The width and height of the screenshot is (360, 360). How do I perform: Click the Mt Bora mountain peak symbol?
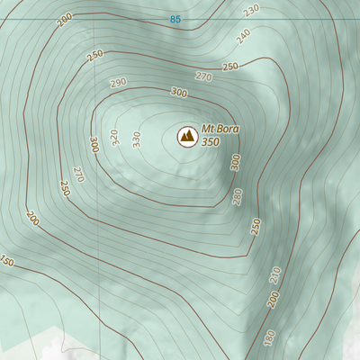pyautogui.click(x=187, y=136)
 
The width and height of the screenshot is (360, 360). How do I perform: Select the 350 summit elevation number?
pyautogui.click(x=211, y=142)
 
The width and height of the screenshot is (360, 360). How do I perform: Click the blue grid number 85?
pyautogui.click(x=174, y=19)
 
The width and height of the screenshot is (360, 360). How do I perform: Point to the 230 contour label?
pyautogui.click(x=251, y=10)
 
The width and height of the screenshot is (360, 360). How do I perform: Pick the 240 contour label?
pyautogui.click(x=242, y=36)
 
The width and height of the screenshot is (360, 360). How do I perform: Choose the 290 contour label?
pyautogui.click(x=119, y=83)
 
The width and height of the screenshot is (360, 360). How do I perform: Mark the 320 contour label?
pyautogui.click(x=114, y=137)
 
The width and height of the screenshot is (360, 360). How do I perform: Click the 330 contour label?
pyautogui.click(x=136, y=139)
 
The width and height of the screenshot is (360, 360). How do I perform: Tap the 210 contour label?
pyautogui.click(x=274, y=274)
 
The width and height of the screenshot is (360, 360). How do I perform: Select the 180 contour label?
pyautogui.click(x=269, y=337)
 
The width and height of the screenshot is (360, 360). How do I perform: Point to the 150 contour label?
pyautogui.click(x=7, y=262)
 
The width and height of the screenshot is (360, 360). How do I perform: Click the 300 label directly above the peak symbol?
pyautogui.click(x=178, y=93)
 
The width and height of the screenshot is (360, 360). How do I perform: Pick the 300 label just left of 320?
pyautogui.click(x=94, y=144)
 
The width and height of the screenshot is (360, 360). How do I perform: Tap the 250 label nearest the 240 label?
pyautogui.click(x=229, y=67)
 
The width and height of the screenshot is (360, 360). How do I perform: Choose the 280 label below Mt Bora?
pyautogui.click(x=238, y=196)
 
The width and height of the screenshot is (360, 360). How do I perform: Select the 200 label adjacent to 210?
pyautogui.click(x=273, y=299)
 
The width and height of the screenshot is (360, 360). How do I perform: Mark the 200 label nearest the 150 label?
pyautogui.click(x=33, y=219)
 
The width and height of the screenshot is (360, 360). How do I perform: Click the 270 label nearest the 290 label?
pyautogui.click(x=202, y=77)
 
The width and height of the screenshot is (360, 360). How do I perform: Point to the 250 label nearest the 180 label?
pyautogui.click(x=256, y=225)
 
